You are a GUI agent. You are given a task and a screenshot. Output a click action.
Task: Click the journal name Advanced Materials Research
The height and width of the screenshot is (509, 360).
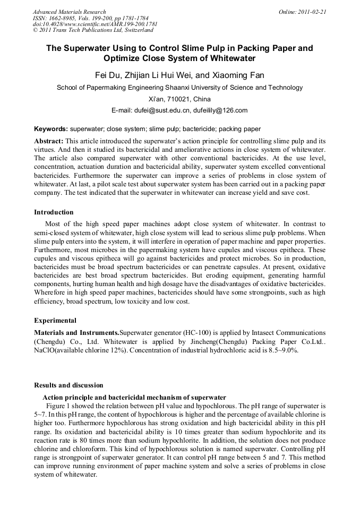tap(69, 12)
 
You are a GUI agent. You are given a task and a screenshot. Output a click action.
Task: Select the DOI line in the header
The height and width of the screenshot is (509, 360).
tap(95, 24)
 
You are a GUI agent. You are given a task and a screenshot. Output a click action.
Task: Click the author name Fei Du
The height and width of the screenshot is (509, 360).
tap(107, 74)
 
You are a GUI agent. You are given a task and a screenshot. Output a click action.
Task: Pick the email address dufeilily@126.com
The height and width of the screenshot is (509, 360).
tap(220, 110)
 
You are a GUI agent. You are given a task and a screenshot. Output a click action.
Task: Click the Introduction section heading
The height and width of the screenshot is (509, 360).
tap(54, 212)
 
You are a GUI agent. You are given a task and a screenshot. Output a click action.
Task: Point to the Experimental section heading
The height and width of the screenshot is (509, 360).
tap(55, 321)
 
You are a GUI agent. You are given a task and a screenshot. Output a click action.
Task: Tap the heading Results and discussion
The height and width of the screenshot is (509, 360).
tap(68, 385)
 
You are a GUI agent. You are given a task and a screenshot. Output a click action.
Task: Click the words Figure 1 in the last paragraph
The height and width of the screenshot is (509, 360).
tap(61, 404)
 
